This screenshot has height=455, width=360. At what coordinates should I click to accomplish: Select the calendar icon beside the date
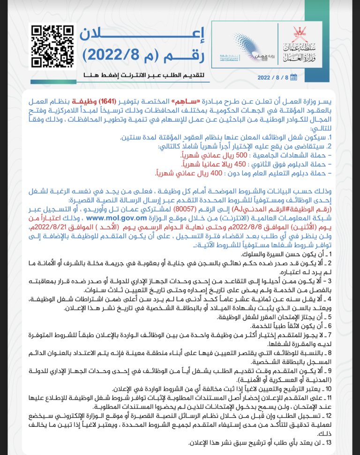tap(307, 77)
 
